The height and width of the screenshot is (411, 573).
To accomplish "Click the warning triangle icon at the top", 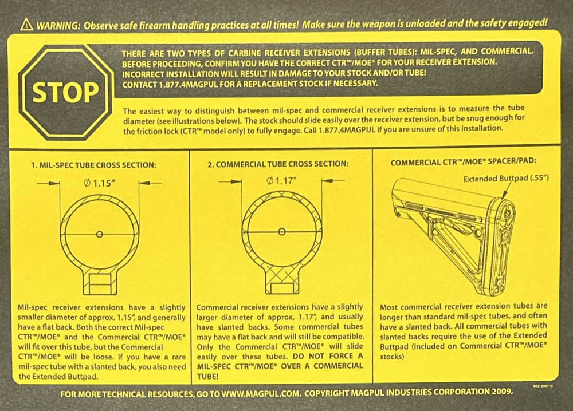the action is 27,25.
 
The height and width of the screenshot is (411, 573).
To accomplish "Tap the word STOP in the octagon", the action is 65,92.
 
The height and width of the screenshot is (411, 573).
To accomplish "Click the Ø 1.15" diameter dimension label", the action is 99,183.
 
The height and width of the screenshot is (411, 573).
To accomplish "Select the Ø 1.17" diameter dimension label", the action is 282,180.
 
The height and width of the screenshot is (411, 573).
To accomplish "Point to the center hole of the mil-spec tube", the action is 99,234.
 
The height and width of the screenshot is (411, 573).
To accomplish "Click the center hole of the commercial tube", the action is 282,232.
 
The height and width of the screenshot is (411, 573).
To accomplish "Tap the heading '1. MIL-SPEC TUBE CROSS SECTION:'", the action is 93,165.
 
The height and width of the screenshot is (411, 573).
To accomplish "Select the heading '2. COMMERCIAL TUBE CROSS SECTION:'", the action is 278,164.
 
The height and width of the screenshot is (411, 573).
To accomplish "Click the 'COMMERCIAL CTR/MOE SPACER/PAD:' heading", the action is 463,161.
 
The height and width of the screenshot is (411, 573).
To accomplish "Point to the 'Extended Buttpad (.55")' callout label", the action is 506,179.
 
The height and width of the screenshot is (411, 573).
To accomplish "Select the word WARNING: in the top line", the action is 58,26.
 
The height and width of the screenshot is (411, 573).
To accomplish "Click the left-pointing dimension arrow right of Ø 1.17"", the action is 333,180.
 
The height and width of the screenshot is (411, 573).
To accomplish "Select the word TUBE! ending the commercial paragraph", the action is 207,376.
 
